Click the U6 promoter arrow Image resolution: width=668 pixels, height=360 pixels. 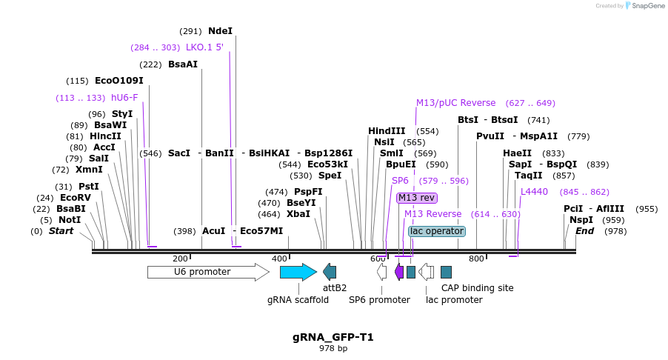point(207,272)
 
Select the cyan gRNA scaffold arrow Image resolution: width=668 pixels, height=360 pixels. point(298,272)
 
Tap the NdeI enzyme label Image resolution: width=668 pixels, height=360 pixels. point(220,31)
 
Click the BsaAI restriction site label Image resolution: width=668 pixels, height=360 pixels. point(183,64)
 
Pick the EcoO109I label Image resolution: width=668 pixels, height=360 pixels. point(118,81)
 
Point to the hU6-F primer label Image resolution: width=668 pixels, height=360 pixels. point(124,98)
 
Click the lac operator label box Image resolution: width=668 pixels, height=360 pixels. point(437,231)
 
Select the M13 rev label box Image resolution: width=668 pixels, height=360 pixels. point(416,198)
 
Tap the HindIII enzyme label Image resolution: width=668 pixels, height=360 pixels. point(387,131)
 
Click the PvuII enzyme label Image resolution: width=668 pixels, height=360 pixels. point(490,136)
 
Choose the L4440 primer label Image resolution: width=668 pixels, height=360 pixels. point(534,192)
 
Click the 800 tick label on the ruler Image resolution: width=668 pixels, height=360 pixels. point(476,259)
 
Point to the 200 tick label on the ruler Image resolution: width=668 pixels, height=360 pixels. point(180,259)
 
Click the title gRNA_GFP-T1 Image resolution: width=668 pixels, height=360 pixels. point(333,337)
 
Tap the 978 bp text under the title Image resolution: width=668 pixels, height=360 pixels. point(333,348)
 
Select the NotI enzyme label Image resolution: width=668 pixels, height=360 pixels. point(70,220)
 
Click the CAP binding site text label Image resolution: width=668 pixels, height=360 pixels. point(477,288)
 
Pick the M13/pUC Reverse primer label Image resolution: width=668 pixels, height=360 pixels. point(455,103)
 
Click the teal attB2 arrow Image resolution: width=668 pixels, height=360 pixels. point(330,272)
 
